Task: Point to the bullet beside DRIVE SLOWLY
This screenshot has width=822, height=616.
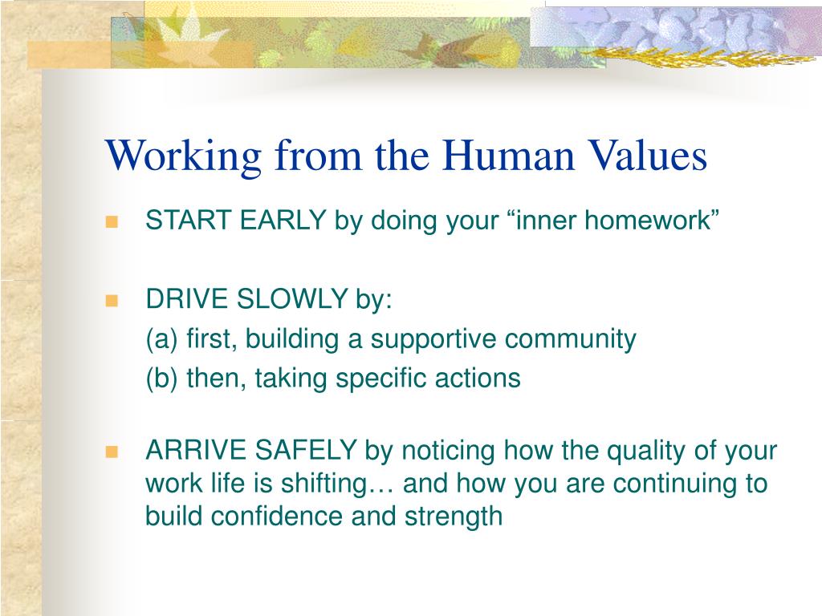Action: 112,301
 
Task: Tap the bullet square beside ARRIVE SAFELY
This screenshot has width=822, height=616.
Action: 112,452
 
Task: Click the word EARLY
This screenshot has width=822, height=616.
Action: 283,220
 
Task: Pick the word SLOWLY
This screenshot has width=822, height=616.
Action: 292,299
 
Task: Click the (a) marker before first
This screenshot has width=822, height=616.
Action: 161,339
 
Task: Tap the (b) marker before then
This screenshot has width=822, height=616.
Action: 161,379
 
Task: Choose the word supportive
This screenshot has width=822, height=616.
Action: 433,340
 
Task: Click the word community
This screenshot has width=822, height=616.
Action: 571,340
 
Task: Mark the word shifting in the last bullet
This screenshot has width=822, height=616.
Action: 325,484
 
